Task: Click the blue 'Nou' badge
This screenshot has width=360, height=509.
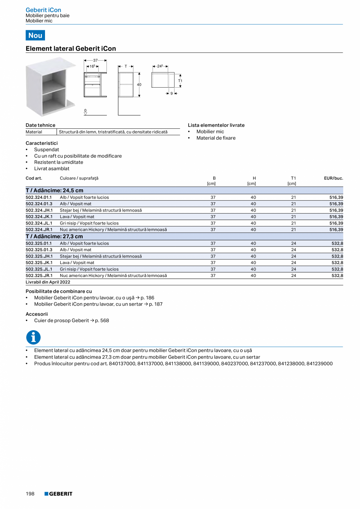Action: (x=35, y=35)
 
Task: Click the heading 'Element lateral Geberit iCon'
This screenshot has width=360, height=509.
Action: (x=71, y=49)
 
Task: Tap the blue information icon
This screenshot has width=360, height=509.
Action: (x=33, y=337)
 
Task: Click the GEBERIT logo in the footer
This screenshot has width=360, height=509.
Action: (x=58, y=494)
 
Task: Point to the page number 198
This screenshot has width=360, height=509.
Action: (x=30, y=494)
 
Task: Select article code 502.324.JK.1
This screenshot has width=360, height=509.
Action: (x=39, y=217)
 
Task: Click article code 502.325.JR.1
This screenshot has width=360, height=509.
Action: (x=39, y=275)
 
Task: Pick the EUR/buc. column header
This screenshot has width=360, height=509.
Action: (x=333, y=178)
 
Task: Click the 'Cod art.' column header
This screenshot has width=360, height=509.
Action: (x=34, y=178)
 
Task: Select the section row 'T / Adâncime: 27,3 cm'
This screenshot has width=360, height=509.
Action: (x=54, y=236)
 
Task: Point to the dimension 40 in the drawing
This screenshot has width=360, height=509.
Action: (x=139, y=85)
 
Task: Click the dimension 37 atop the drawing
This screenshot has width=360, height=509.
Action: (x=95, y=60)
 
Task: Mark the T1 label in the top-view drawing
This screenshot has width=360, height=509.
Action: (x=180, y=81)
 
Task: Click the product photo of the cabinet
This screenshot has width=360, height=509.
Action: (x=50, y=87)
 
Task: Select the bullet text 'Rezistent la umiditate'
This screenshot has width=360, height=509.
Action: (x=59, y=162)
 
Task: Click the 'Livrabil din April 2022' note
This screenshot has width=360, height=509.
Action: (x=48, y=282)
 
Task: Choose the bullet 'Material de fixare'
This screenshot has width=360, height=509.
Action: (x=216, y=138)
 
